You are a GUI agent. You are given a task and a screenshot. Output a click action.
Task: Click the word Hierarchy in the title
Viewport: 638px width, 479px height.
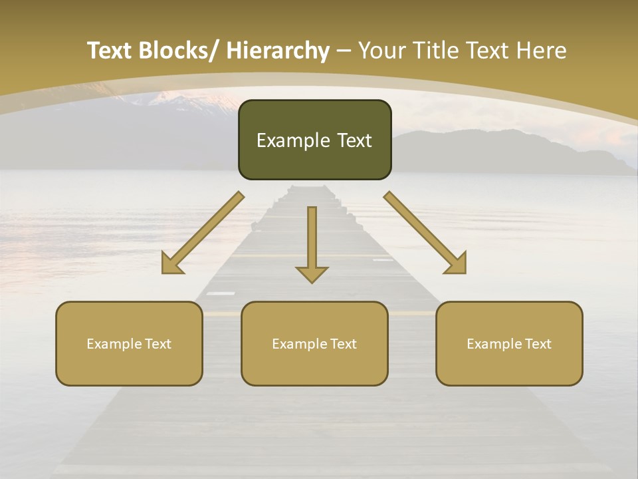(278, 51)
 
